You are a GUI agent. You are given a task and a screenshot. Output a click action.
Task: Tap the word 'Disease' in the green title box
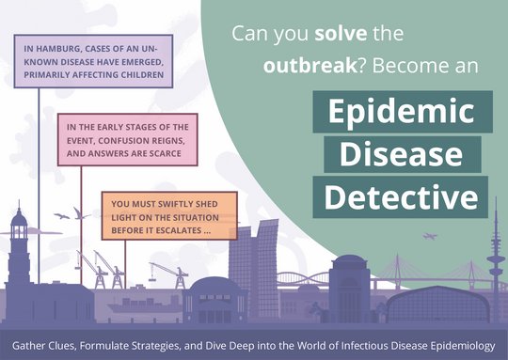point(403,155)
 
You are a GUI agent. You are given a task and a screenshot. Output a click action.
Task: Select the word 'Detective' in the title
point(403,196)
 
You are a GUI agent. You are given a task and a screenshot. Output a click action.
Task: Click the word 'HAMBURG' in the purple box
point(61,50)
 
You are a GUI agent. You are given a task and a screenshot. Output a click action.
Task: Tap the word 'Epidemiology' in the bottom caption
point(451,346)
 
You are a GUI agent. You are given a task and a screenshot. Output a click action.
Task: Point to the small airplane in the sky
point(430,237)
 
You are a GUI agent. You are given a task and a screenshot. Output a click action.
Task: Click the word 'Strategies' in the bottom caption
point(164,346)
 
